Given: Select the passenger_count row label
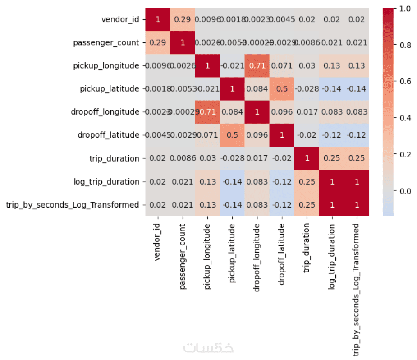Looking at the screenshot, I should click(x=106, y=42).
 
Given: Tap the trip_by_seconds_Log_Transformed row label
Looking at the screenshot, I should click(x=73, y=204).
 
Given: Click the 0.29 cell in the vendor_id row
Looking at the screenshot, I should click(x=183, y=19).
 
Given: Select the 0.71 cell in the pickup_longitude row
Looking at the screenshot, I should click(x=257, y=65).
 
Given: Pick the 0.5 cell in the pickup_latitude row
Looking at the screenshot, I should click(x=282, y=89).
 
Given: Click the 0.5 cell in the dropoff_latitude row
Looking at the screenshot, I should click(x=232, y=135).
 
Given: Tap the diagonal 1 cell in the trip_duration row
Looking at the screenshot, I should click(x=307, y=158).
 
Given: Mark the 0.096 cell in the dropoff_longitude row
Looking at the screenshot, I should click(x=282, y=112).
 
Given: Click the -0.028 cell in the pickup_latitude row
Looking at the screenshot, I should click(x=307, y=89).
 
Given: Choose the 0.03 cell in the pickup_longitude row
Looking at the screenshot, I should click(x=307, y=65).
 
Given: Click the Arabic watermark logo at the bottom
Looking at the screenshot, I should click(x=208, y=348).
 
